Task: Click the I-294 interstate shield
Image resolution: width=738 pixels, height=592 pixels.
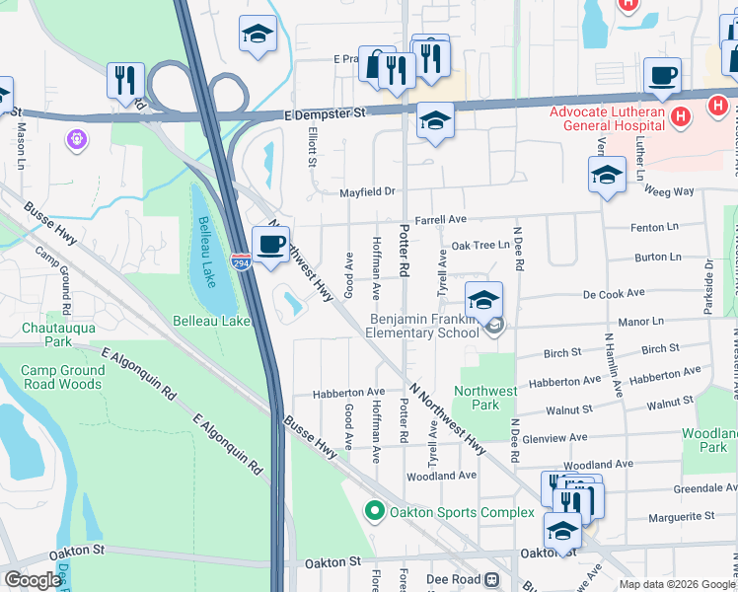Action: (241, 261)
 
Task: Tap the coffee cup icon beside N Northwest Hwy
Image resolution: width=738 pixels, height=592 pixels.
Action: (269, 244)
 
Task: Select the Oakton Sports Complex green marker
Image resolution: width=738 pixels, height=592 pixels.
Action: (373, 512)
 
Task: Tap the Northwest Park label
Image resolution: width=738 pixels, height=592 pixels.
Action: (485, 398)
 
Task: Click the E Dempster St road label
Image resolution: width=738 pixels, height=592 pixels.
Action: (323, 113)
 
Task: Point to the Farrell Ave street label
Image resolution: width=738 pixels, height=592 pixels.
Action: (439, 219)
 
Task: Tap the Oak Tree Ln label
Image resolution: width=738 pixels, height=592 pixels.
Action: (480, 245)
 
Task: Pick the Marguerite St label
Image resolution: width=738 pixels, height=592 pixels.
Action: (681, 517)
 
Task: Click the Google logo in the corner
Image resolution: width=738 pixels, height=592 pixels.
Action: (33, 580)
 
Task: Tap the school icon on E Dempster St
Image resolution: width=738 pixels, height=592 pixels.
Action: (435, 120)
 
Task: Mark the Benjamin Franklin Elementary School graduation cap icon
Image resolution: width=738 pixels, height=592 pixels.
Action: (483, 299)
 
